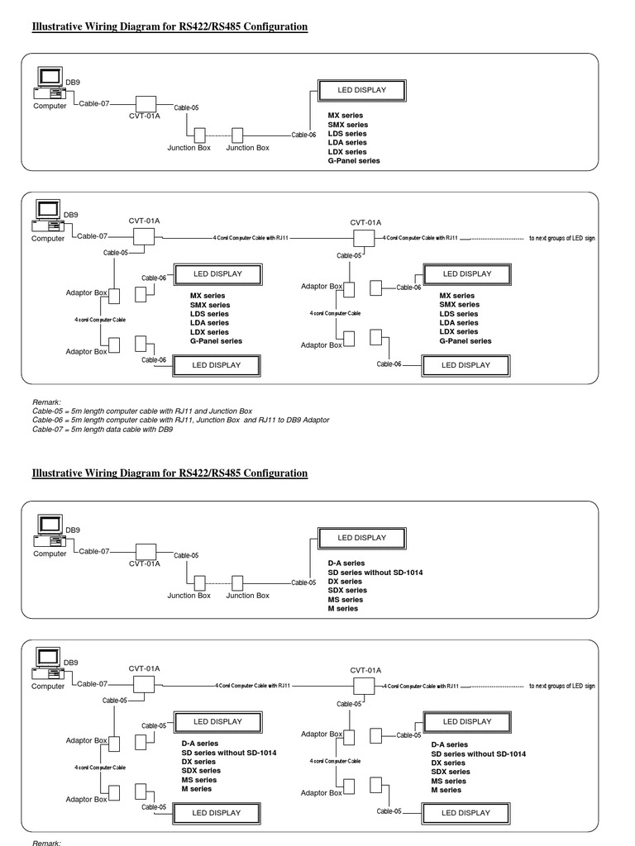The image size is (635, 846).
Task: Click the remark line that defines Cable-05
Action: point(142,411)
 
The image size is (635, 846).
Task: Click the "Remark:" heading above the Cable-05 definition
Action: point(47,402)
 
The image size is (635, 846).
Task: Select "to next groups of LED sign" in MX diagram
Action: point(561,238)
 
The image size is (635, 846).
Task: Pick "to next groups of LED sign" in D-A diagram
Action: point(561,686)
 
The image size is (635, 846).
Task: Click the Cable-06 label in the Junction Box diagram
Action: point(303,135)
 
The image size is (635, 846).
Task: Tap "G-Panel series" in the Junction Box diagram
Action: point(354,161)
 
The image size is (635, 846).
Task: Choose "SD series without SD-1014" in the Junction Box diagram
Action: point(375,573)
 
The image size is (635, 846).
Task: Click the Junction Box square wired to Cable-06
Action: point(238,135)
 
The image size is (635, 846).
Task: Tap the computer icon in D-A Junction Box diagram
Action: point(50,530)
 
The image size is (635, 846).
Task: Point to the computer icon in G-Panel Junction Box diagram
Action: point(50,83)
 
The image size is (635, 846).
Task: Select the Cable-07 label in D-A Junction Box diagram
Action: point(93,551)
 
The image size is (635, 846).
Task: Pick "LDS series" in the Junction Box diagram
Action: point(347,134)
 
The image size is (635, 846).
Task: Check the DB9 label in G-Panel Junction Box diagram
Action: point(73,82)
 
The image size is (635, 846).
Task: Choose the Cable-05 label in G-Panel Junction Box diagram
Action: point(186,107)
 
